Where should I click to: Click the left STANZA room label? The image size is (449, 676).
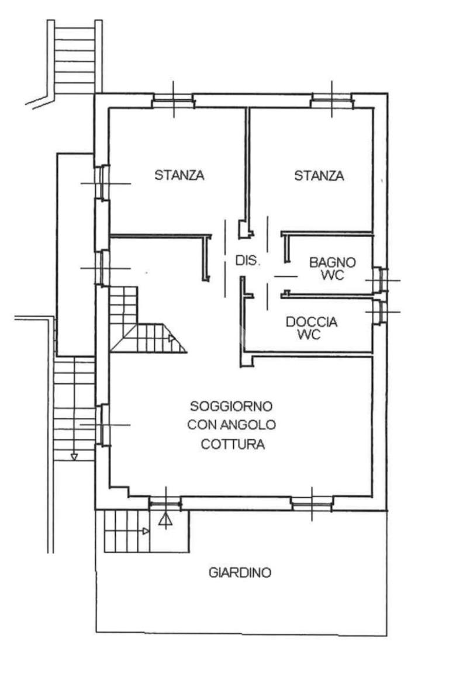pos(179,175)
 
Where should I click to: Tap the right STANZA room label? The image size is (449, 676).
pos(319,175)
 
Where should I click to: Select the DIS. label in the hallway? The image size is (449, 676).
pos(248,261)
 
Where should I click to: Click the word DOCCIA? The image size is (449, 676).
pos(312,321)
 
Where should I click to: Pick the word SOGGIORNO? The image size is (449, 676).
pos(232,405)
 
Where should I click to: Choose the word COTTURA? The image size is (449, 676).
pos(233,444)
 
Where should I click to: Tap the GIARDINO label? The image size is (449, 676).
pos(240,573)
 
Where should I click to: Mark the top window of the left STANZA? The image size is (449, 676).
pos(174,103)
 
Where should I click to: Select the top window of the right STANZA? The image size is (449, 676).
pos(332,103)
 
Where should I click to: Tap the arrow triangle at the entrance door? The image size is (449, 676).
pos(165,518)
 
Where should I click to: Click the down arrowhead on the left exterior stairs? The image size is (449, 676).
pos(74,456)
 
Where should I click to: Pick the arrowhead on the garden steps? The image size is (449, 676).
pos(146,531)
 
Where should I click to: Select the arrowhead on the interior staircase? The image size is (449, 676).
pos(171,338)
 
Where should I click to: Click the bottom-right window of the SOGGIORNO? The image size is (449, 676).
pos(312,502)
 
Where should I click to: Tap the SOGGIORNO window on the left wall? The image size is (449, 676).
pos(102,425)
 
